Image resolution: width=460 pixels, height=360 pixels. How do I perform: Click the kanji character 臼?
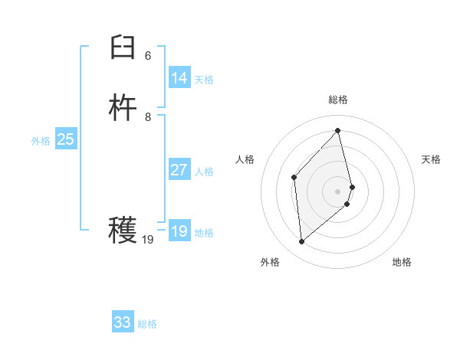tap(123, 49)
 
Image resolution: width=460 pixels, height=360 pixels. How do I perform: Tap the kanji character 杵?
tap(123, 109)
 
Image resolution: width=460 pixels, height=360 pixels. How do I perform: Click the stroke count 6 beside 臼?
tap(148, 56)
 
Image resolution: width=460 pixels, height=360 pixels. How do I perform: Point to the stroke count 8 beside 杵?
tap(148, 116)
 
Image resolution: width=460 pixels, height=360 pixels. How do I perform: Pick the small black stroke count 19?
tap(148, 240)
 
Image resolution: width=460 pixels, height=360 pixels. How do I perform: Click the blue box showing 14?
tap(179, 78)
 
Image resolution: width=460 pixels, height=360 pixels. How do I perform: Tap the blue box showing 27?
tap(179, 170)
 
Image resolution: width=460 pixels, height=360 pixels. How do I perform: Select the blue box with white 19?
tap(179, 231)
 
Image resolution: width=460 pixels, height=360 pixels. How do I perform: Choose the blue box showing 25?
tap(65, 139)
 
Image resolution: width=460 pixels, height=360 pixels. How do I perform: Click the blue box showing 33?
tap(123, 322)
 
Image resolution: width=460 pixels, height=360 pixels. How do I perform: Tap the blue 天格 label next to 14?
tap(204, 80)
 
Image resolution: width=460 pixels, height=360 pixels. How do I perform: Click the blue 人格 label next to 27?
tap(204, 172)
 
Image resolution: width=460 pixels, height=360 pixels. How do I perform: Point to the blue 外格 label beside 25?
tap(41, 141)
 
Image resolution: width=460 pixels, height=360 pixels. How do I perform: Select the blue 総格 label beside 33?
tap(147, 324)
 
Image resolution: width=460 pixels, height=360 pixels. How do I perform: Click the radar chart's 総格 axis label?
tap(338, 100)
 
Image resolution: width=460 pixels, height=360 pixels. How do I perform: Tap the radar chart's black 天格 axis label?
tap(432, 159)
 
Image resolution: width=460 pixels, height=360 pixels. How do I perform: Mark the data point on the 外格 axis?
tap(302, 242)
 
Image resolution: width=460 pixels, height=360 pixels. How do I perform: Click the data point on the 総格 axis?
tap(338, 130)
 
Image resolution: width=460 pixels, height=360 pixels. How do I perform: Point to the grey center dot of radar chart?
tap(338, 191)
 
